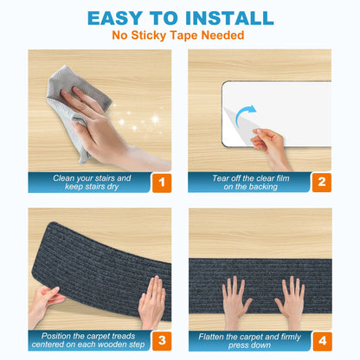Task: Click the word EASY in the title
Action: (x=114, y=18)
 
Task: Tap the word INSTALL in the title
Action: (x=229, y=18)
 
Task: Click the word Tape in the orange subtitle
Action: (x=183, y=35)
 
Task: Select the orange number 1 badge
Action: (x=162, y=183)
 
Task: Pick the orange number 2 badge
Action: (x=322, y=183)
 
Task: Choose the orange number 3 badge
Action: (x=162, y=341)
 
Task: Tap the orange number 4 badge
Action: (x=322, y=341)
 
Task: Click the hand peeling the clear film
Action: (x=270, y=147)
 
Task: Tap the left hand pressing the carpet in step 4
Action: (x=235, y=301)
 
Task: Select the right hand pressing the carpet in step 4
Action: (x=291, y=301)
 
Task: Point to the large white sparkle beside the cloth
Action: (x=155, y=119)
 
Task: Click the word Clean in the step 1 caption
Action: (x=63, y=178)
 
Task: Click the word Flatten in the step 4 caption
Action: (x=211, y=337)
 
